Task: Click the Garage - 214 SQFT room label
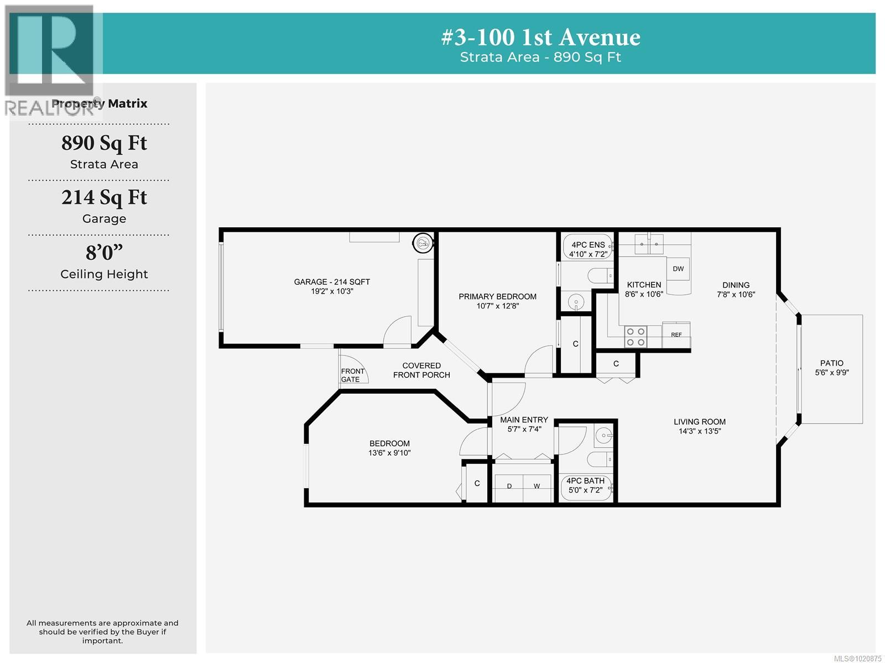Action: pyautogui.click(x=332, y=282)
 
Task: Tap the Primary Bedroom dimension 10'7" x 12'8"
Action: pyautogui.click(x=497, y=306)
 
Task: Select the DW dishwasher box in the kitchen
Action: pyautogui.click(x=678, y=269)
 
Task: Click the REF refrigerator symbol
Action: pyautogui.click(x=676, y=335)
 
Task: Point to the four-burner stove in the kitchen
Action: pyautogui.click(x=635, y=337)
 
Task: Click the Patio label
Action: pyautogui.click(x=831, y=363)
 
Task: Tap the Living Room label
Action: pyautogui.click(x=699, y=421)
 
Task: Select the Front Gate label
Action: pyautogui.click(x=352, y=375)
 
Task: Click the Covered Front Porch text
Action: pyautogui.click(x=421, y=370)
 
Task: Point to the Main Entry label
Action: pyautogui.click(x=524, y=420)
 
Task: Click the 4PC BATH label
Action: pyautogui.click(x=585, y=481)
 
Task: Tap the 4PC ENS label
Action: pyautogui.click(x=588, y=244)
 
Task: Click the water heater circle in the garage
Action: pyautogui.click(x=423, y=242)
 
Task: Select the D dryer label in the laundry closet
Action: pyautogui.click(x=509, y=486)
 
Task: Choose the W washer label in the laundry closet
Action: pyautogui.click(x=537, y=486)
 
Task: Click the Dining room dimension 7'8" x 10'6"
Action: pyautogui.click(x=736, y=295)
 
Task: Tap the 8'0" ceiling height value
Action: pyautogui.click(x=104, y=253)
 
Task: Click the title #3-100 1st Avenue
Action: pyautogui.click(x=540, y=38)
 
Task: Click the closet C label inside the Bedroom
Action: pyautogui.click(x=477, y=483)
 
